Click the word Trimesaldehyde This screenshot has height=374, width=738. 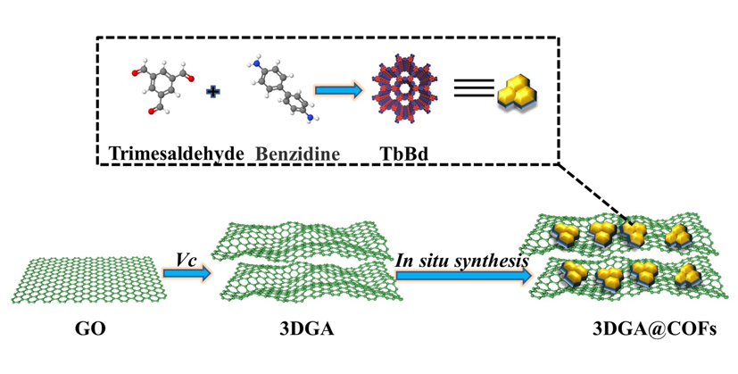[x=176, y=153]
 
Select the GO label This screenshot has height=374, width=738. [x=91, y=330]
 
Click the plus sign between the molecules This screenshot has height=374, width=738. [x=212, y=91]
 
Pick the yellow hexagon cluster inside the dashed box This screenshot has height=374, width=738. [x=520, y=90]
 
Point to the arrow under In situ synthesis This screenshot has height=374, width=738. [x=461, y=275]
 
